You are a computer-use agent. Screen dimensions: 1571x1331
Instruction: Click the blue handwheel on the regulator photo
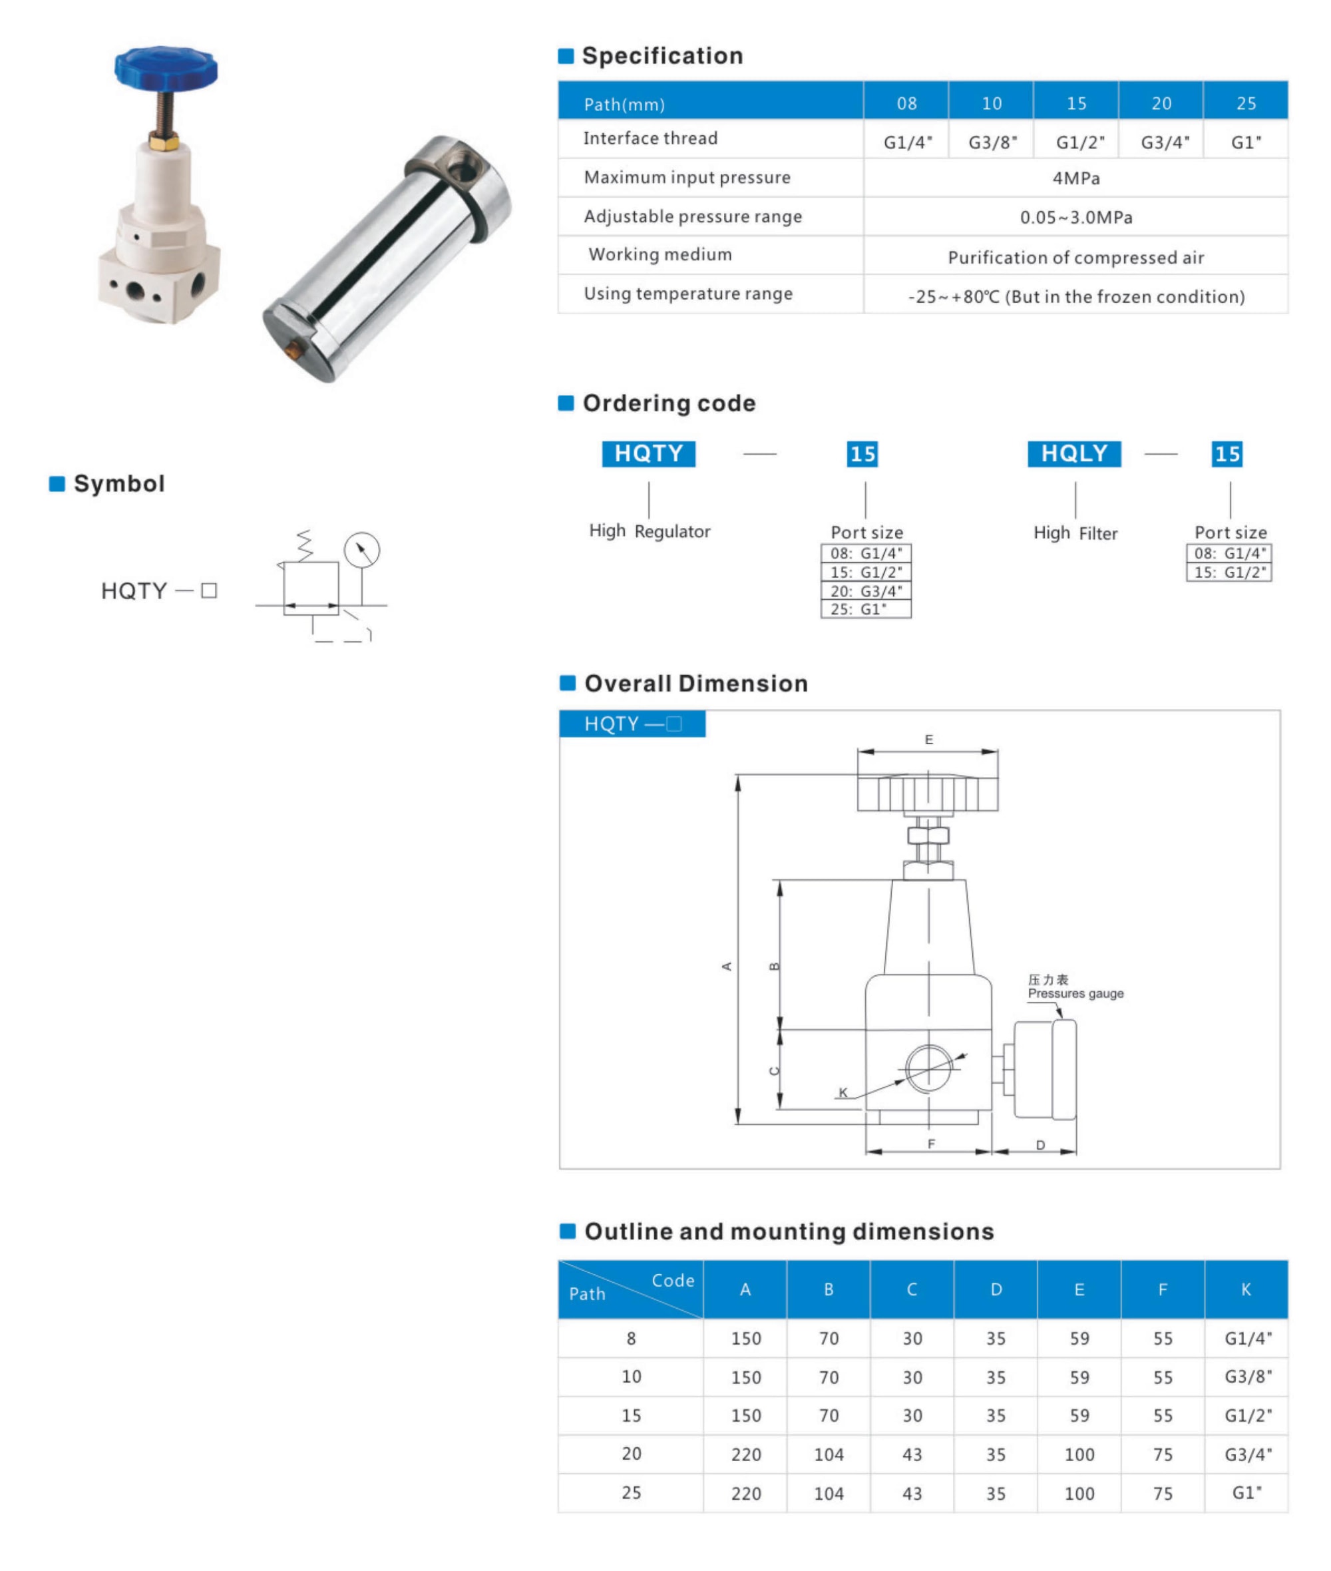(x=166, y=67)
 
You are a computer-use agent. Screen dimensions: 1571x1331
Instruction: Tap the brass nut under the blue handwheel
(x=164, y=141)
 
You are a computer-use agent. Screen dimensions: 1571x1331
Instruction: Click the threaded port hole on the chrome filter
(x=461, y=169)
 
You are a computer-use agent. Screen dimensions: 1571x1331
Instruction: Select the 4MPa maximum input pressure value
(x=1076, y=179)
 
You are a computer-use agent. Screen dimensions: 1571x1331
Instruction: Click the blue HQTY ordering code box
(x=648, y=453)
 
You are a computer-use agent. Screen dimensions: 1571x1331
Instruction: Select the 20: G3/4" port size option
(x=865, y=591)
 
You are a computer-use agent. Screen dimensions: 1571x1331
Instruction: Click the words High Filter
(x=1075, y=533)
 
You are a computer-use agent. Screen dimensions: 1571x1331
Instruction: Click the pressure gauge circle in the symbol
(x=361, y=550)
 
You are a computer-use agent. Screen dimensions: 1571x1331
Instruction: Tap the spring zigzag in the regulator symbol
(x=304, y=545)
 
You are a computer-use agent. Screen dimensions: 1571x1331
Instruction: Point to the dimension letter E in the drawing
(x=929, y=740)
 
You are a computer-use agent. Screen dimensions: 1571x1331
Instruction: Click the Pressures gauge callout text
(x=1075, y=994)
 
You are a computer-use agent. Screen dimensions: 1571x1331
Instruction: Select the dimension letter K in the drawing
(x=843, y=1092)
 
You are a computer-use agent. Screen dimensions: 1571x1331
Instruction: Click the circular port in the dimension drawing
(x=928, y=1068)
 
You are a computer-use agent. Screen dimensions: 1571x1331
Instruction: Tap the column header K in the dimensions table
(x=1246, y=1289)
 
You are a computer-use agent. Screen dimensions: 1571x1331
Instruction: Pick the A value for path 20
(x=745, y=1454)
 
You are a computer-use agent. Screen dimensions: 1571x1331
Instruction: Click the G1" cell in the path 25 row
(x=1246, y=1492)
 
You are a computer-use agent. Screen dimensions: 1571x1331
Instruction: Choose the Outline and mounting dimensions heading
(x=789, y=1232)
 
